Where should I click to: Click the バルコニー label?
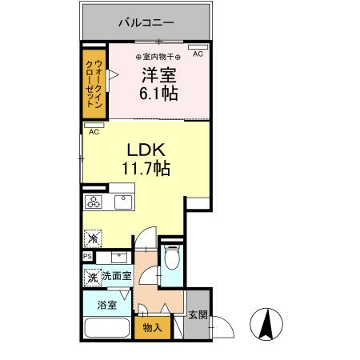[146, 22]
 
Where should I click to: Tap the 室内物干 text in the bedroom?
[158, 55]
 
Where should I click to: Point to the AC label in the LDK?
[94, 131]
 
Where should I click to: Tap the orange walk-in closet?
[94, 84]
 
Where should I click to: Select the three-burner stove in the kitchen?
[94, 202]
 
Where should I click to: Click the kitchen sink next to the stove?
[122, 202]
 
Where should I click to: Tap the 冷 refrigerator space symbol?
[94, 238]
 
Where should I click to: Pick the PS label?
[87, 257]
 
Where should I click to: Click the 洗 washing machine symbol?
[93, 277]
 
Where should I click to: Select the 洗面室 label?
[117, 276]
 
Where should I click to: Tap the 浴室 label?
[107, 305]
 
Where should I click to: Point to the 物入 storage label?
[152, 326]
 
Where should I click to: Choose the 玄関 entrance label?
[198, 315]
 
